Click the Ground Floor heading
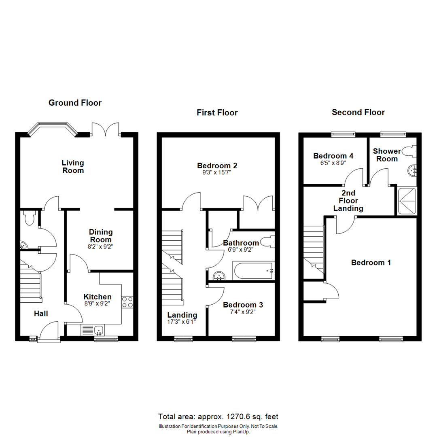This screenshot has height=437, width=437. (75, 103)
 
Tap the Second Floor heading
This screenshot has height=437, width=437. (358, 112)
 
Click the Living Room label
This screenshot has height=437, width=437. (73, 166)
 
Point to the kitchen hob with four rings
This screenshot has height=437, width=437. (127, 301)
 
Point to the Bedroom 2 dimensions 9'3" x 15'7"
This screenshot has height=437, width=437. (217, 173)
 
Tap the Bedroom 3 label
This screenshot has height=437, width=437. (240, 305)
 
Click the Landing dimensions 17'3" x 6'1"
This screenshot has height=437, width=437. (182, 323)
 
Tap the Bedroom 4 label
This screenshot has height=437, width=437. (330, 156)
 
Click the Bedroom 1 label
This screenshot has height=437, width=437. (371, 263)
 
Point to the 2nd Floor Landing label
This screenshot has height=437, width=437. (348, 202)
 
